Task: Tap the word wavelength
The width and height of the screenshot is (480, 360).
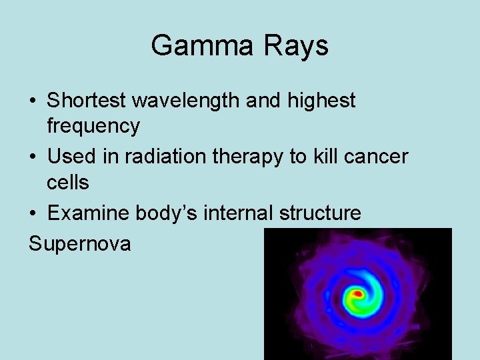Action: click(188, 101)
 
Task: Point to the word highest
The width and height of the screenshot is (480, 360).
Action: click(323, 101)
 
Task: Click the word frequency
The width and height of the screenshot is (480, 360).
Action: click(93, 125)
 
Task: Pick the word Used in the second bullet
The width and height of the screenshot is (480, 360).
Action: click(70, 157)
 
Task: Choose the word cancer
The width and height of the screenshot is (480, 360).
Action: click(378, 157)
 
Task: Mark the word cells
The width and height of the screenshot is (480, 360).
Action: click(67, 181)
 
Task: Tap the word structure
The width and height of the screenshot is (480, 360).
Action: click(321, 213)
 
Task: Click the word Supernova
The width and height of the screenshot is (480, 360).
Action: click(80, 243)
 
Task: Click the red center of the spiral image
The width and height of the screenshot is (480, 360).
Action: click(358, 293)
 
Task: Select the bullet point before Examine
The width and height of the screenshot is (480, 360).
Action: click(33, 214)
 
